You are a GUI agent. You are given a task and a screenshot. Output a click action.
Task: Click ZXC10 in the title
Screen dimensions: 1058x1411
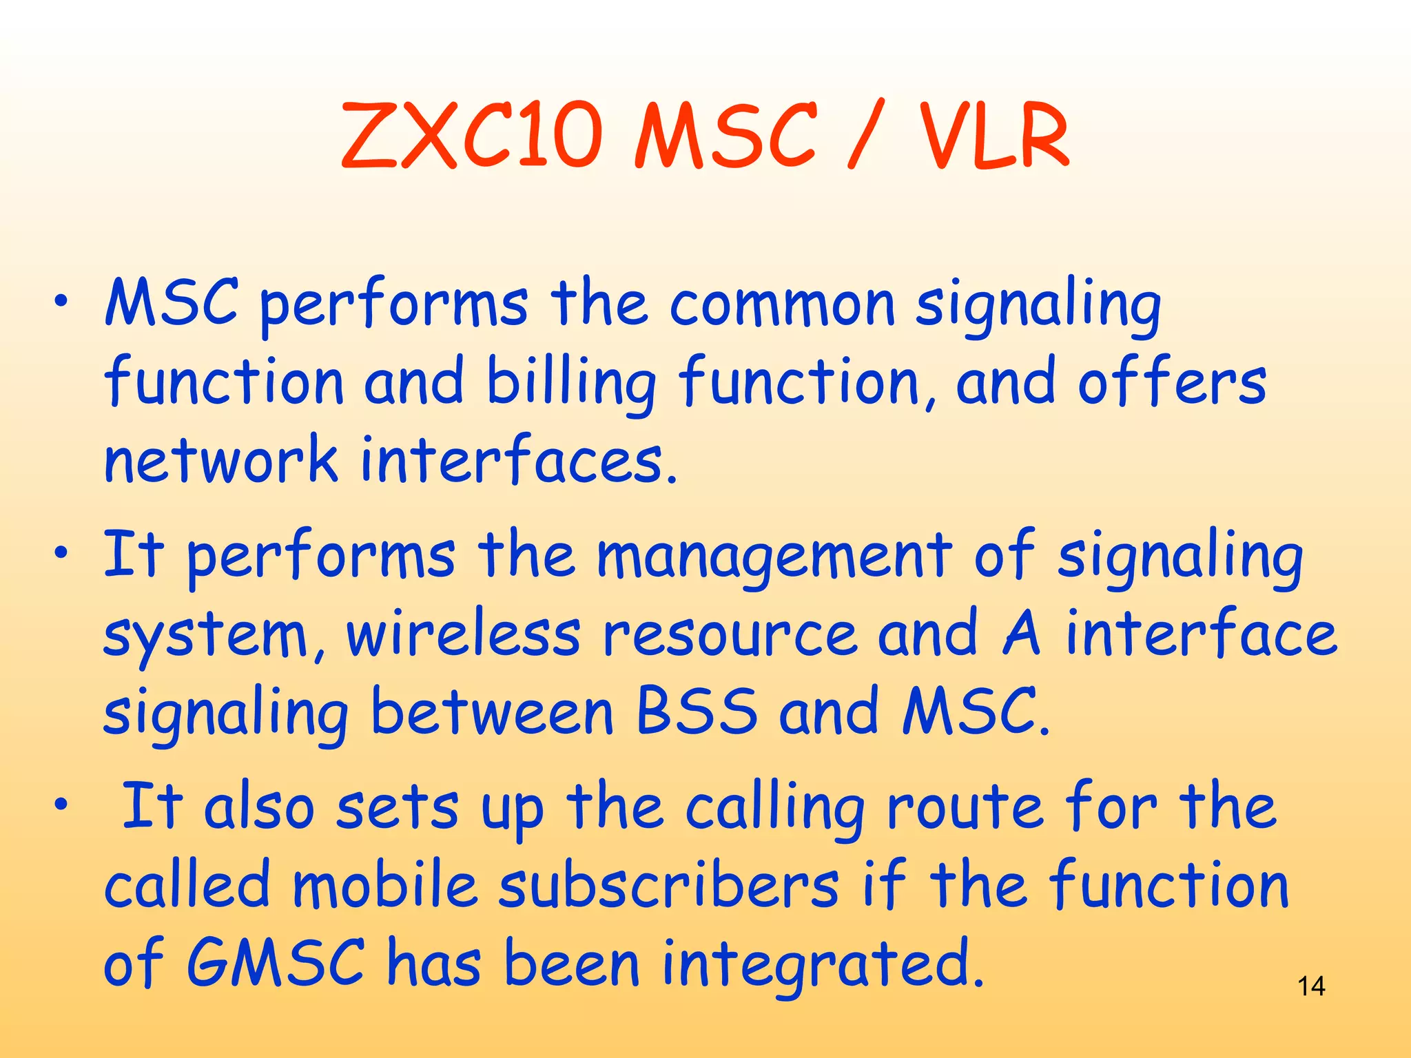472,136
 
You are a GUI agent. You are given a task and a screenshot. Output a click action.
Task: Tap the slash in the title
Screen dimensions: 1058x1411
864,136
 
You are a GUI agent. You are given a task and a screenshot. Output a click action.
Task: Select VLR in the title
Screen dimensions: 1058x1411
994,136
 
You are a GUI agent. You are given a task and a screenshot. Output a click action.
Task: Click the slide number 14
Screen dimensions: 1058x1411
1310,986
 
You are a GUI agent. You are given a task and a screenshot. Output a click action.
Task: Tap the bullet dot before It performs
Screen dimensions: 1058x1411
62,553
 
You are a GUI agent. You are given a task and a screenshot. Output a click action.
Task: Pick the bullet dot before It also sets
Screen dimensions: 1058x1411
62,803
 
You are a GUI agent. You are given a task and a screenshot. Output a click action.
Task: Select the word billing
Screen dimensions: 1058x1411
571,383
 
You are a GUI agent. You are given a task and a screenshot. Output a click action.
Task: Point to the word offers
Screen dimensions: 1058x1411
1172,383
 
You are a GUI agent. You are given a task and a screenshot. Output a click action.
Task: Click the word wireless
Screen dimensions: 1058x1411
463,634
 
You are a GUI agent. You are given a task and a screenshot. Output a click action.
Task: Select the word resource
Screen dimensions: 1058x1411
730,634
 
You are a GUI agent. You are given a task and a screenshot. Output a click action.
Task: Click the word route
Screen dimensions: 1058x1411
965,807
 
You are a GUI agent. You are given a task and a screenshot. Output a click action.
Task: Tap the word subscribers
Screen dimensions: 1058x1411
668,886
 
